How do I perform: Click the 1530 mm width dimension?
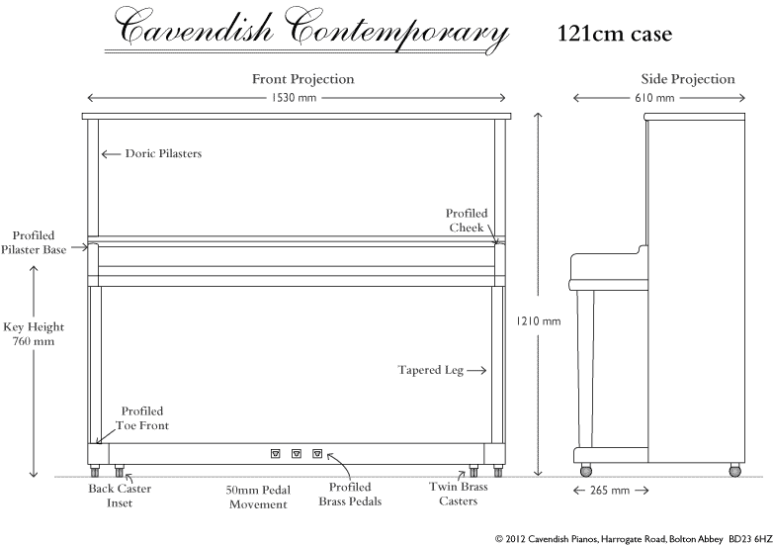click(x=294, y=98)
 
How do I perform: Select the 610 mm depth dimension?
click(x=654, y=98)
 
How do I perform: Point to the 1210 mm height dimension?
click(x=539, y=321)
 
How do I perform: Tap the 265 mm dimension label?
click(x=610, y=491)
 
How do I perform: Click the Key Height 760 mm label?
click(x=34, y=334)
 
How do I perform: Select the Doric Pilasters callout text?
click(x=163, y=153)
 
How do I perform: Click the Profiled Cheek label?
click(x=467, y=221)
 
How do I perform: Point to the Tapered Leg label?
click(x=430, y=370)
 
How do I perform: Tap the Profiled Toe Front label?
click(x=142, y=418)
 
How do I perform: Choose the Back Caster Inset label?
click(x=120, y=496)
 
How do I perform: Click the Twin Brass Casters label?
click(x=459, y=494)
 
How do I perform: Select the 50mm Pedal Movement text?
click(x=258, y=498)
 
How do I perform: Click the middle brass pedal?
click(x=297, y=453)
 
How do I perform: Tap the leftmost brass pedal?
click(x=276, y=453)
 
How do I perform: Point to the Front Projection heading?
click(x=303, y=79)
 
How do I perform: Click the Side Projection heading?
click(x=688, y=79)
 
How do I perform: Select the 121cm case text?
click(x=615, y=34)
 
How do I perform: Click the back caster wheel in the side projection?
click(x=735, y=471)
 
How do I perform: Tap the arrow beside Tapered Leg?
click(x=476, y=370)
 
